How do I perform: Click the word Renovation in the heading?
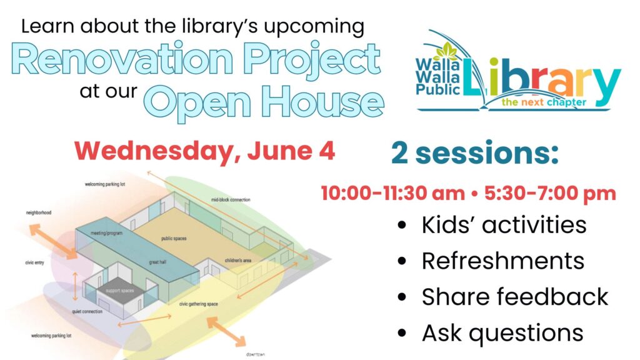(122, 59)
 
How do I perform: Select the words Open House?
(264, 102)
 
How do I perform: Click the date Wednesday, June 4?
(204, 152)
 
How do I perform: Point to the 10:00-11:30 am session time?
(392, 193)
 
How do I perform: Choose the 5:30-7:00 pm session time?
(550, 194)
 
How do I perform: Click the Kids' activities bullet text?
(504, 225)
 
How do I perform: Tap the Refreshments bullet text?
(503, 261)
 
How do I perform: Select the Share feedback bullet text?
(515, 297)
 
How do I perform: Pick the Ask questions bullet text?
(502, 333)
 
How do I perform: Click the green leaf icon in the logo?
(447, 51)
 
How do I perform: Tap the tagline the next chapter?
(544, 102)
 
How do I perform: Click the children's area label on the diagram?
(238, 261)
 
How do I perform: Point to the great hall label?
(157, 262)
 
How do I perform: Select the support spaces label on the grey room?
(120, 291)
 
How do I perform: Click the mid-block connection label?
(231, 199)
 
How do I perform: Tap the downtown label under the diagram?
(256, 354)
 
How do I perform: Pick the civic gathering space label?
(198, 304)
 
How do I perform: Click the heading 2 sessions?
(475, 153)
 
